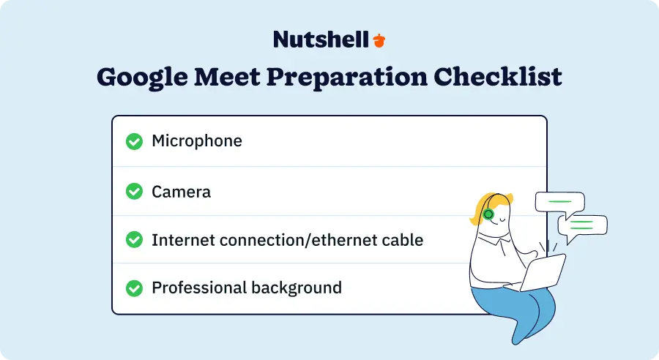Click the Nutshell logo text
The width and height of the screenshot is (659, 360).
(x=321, y=40)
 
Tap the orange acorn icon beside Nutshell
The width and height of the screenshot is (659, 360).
(x=379, y=40)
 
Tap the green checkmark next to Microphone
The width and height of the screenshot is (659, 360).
(x=134, y=141)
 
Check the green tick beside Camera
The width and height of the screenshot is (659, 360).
(x=134, y=192)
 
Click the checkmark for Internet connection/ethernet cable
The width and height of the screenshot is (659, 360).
(x=134, y=240)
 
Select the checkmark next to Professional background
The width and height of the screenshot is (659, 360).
(x=134, y=288)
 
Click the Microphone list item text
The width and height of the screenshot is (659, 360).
(x=196, y=140)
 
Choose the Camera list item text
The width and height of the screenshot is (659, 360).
(x=181, y=192)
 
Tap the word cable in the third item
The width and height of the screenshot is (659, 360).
(x=403, y=239)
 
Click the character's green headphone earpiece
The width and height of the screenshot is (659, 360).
(x=488, y=214)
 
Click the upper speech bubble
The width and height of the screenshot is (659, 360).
(x=559, y=201)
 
